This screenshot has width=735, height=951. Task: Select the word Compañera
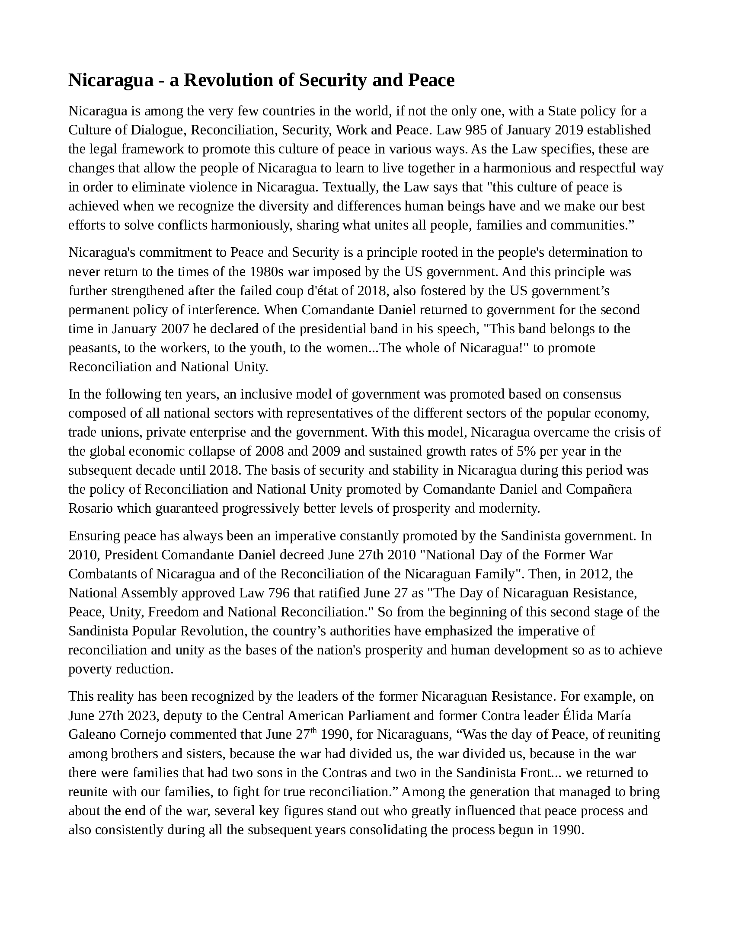599,489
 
